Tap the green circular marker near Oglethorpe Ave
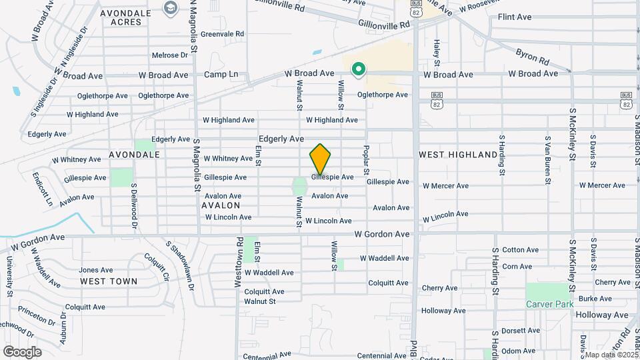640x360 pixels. pos(359,69)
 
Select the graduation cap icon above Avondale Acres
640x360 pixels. pos(169,7)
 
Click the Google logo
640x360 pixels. pos(22,351)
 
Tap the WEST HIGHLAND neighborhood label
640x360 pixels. pos(458,155)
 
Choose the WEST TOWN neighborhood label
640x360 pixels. pos(109,281)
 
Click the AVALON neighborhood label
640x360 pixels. pos(221,206)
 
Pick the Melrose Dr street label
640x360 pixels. pos(170,55)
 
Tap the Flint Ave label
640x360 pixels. pos(532,16)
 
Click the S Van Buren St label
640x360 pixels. pos(547,159)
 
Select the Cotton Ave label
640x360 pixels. pos(520,250)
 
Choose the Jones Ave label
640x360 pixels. pos(95,270)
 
